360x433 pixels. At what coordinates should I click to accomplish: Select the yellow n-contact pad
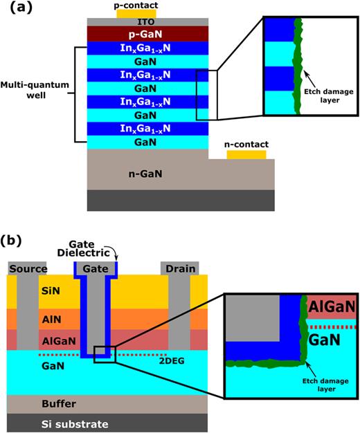click(246, 154)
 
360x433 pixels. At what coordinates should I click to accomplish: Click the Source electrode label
click(26, 268)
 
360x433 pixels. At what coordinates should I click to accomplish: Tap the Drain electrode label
click(179, 268)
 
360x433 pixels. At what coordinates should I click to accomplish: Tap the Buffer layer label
click(37, 403)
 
